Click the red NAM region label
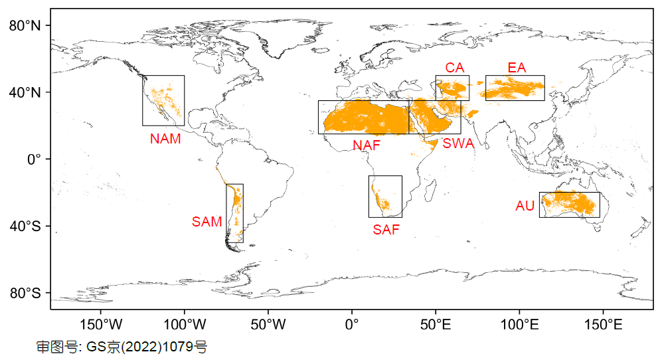pos(165,139)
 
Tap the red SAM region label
pos(207,222)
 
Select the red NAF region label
pos(367,145)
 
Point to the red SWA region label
pos(458,143)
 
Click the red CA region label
pos(455,68)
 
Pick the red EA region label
pos(517,68)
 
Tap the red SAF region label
pos(386,230)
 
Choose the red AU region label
pos(525,207)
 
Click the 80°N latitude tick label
pos(25,26)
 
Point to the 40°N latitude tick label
pos(25,92)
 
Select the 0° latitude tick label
pos(34,159)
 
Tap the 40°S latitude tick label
pos(25,226)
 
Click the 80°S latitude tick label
pos(25,294)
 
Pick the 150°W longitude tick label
pos(101,325)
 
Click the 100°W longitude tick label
pos(185,325)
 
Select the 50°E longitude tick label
pos(436,325)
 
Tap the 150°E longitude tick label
pos(603,325)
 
